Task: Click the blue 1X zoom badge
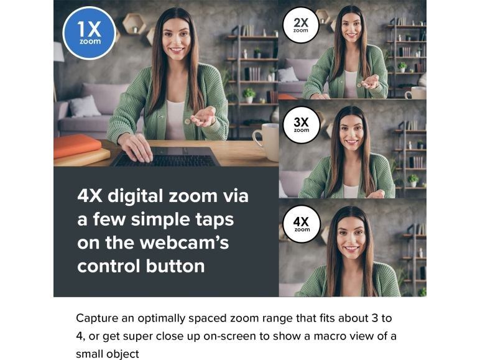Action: click(x=89, y=33)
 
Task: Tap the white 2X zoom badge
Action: click(x=300, y=25)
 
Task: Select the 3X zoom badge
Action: click(x=301, y=124)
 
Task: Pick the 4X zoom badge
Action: click(x=302, y=224)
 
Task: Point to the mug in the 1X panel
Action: click(x=265, y=141)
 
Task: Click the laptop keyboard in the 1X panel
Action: click(x=165, y=157)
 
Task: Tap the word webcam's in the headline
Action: click(x=184, y=242)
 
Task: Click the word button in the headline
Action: click(x=175, y=265)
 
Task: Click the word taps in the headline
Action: click(x=215, y=220)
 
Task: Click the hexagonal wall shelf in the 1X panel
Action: click(x=134, y=24)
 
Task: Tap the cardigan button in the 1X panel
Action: click(x=187, y=121)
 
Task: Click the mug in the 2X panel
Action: click(x=415, y=93)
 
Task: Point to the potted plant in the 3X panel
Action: click(x=413, y=180)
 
